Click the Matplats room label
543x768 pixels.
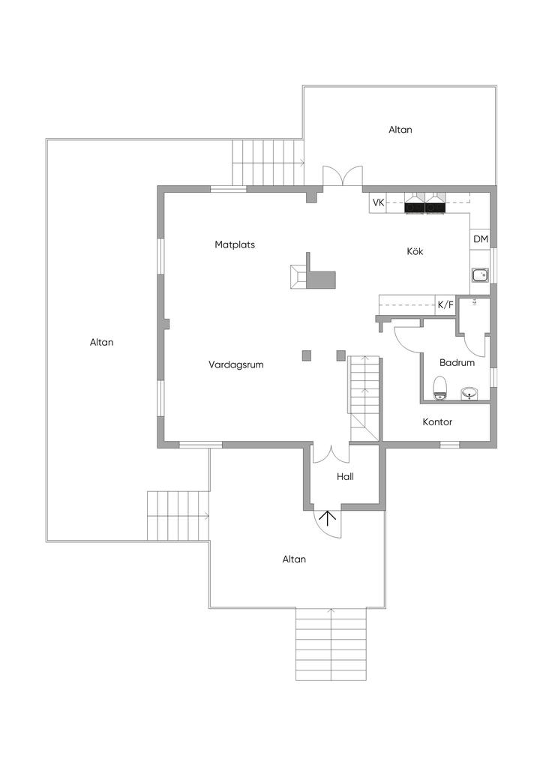(x=235, y=244)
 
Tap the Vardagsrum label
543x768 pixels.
(x=236, y=364)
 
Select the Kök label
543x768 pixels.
(x=415, y=251)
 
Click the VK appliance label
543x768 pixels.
(x=378, y=203)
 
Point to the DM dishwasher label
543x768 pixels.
(x=481, y=239)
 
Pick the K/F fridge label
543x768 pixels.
(x=445, y=304)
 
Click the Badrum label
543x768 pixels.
(x=457, y=362)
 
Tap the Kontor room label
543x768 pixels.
(x=437, y=422)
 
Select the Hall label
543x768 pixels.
(x=345, y=476)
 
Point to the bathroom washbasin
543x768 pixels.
(x=469, y=392)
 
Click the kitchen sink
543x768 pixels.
(x=480, y=275)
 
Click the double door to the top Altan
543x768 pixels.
(x=343, y=177)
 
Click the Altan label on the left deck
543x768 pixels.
(x=101, y=342)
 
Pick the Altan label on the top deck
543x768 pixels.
(x=400, y=130)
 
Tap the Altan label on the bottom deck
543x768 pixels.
(x=294, y=559)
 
